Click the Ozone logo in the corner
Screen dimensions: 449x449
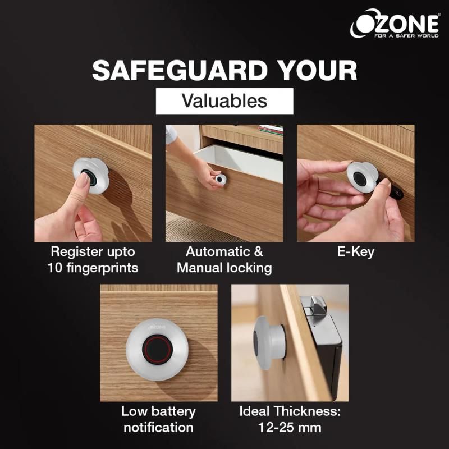point(395,24)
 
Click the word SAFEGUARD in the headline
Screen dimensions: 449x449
point(180,71)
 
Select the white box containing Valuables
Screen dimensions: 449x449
point(224,102)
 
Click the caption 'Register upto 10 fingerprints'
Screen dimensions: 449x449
point(93,260)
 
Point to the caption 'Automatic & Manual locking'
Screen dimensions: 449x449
point(224,260)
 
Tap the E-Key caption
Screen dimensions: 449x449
point(356,252)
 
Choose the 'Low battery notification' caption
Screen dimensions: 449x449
point(159,419)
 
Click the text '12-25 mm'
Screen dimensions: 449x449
point(290,428)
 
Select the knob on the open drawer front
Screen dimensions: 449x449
point(221,179)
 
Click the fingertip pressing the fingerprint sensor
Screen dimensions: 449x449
point(83,181)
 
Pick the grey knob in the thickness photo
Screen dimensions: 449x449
point(268,343)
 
